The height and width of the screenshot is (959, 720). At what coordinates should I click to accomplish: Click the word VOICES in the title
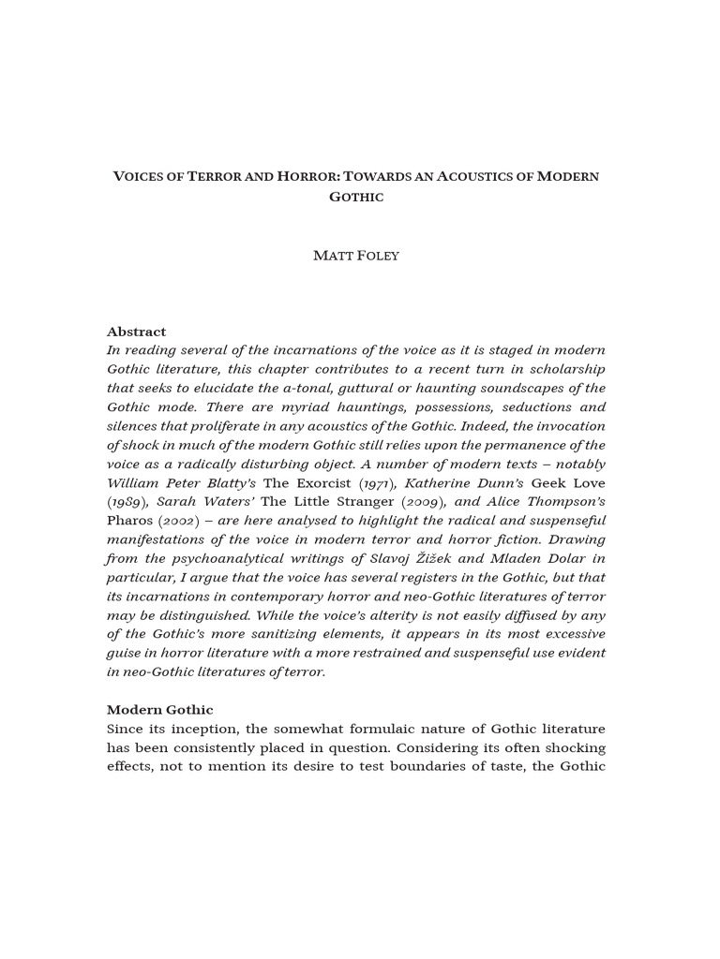pyautogui.click(x=140, y=176)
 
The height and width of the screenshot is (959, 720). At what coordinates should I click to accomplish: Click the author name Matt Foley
pyautogui.click(x=355, y=256)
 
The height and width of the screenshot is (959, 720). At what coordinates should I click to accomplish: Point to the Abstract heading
pyautogui.click(x=136, y=332)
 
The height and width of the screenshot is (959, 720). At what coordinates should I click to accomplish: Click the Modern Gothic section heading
pyautogui.click(x=159, y=710)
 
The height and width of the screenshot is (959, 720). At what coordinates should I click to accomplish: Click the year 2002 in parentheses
pyautogui.click(x=185, y=521)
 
